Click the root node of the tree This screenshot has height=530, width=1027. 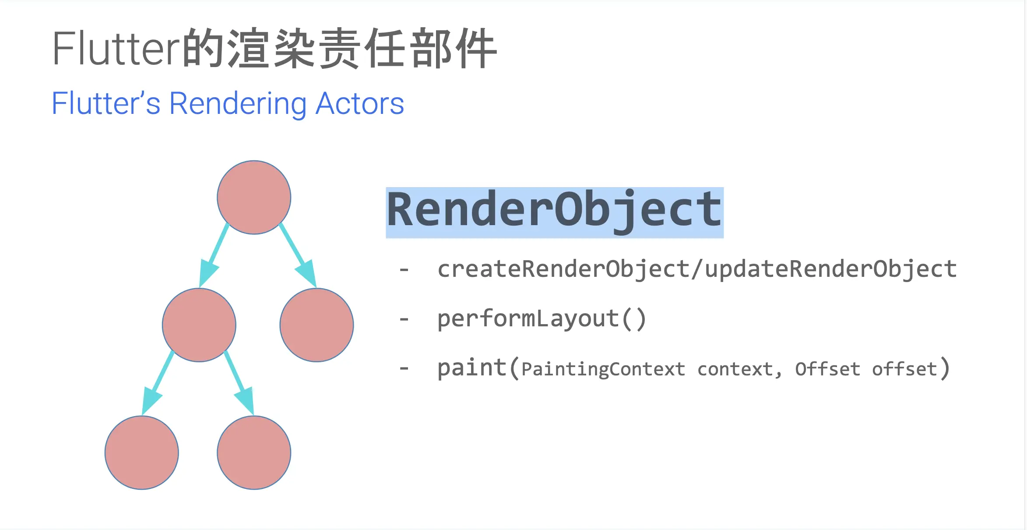[x=254, y=198]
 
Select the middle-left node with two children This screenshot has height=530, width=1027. [x=199, y=325]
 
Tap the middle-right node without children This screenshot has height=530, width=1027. [x=317, y=325]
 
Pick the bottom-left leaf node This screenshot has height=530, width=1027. [x=142, y=452]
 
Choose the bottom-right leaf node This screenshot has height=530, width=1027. [x=254, y=452]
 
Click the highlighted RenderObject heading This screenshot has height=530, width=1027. [x=554, y=212]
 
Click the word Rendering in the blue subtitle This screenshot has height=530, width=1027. [x=238, y=104]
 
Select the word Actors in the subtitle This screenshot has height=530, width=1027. [x=359, y=104]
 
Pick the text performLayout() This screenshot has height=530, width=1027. [x=542, y=318]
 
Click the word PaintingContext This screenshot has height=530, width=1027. [x=603, y=369]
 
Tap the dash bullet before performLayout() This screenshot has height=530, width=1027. [x=404, y=319]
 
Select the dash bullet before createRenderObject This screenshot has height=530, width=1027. [x=404, y=270]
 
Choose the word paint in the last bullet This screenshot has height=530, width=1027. [x=472, y=367]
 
